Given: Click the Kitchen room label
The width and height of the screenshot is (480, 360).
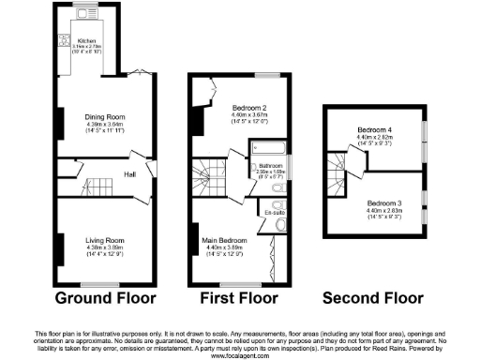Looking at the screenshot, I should tap(86, 41).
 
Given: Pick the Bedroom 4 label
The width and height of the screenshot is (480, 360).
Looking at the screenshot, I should tap(374, 130).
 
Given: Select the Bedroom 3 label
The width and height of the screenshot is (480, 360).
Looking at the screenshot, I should tap(384, 203).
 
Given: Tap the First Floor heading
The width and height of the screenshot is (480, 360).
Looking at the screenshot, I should tap(241, 299).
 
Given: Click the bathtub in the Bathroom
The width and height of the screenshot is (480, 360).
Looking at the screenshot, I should tap(260, 147).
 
